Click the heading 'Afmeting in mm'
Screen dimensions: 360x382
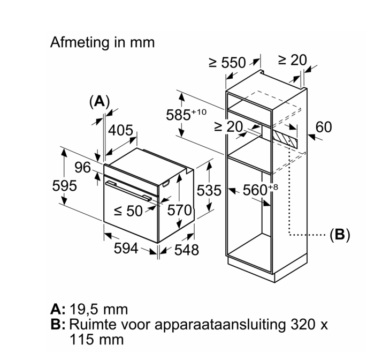(102, 42)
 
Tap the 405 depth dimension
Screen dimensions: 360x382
(120, 131)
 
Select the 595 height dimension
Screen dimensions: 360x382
(64, 186)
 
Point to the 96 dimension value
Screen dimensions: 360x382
(82, 168)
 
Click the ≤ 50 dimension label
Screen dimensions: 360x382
(127, 211)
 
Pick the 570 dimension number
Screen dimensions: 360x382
(179, 211)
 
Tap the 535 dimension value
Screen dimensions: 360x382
(209, 191)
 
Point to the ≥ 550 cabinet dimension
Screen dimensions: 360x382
(227, 63)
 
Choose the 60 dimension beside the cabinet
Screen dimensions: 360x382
(324, 127)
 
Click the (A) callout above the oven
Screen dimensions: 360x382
(99, 101)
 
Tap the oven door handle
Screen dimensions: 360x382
(131, 190)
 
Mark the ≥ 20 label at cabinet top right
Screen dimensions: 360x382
(293, 60)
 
